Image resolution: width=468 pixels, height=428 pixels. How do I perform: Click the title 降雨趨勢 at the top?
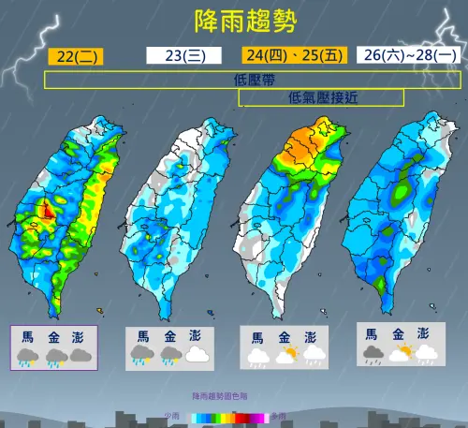tap(233, 21)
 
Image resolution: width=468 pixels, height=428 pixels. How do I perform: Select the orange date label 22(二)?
tap(75, 55)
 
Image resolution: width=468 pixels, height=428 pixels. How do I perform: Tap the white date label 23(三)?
tap(183, 55)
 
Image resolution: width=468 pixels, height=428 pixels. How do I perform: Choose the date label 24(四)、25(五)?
tap(293, 55)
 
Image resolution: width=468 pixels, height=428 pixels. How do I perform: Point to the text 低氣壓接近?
tap(323, 96)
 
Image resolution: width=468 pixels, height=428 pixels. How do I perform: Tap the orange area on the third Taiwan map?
tap(304, 144)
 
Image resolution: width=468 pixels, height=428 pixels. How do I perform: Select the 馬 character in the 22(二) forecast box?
tap(28, 334)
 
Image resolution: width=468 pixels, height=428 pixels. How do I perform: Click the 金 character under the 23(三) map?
tap(169, 335)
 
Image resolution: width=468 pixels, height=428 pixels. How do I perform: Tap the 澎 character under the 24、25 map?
tap(310, 337)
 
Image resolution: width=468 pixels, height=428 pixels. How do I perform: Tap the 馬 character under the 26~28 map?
tap(372, 333)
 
